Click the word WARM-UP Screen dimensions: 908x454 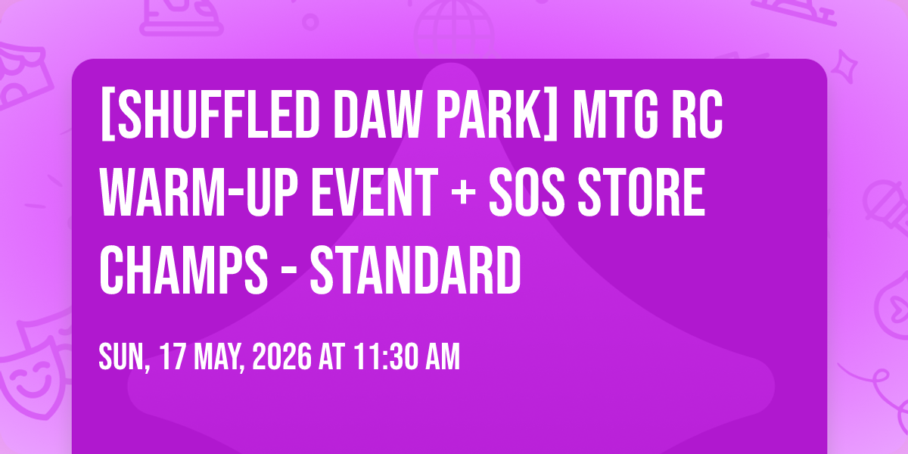pos(198,192)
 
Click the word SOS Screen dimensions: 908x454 pos(527,192)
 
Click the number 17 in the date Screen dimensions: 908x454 pos(172,356)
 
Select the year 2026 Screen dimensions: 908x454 pos(281,356)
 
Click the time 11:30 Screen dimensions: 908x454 pos(386,356)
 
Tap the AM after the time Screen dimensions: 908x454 pos(443,356)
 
